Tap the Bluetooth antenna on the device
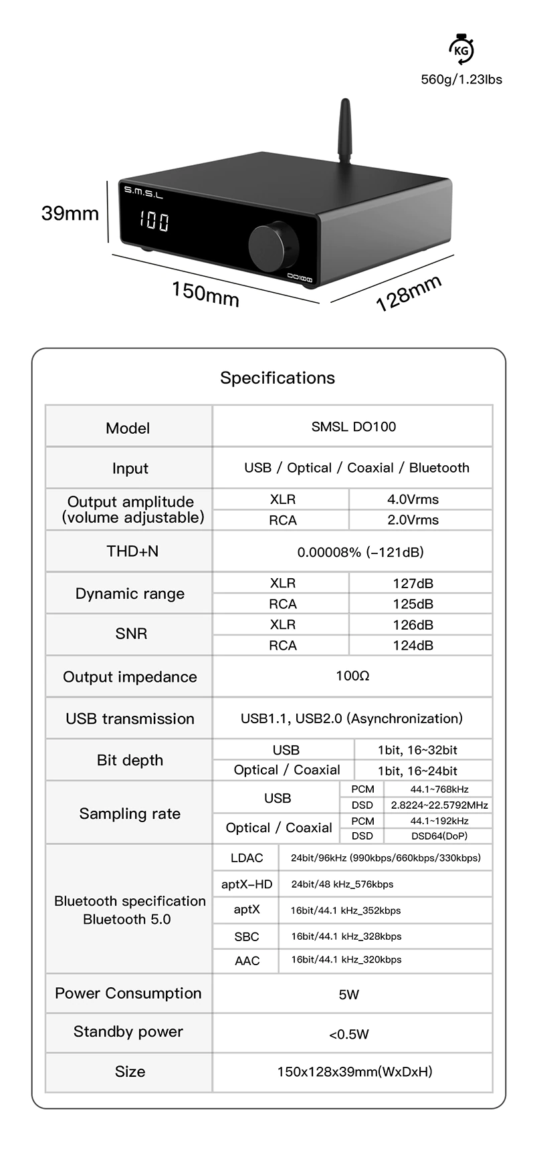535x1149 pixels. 344,133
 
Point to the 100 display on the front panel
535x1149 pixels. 154,221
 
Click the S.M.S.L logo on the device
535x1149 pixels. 144,193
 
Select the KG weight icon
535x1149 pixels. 460,50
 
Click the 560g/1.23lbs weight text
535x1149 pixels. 461,80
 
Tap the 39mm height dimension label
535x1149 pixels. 70,213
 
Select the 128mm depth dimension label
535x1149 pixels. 409,293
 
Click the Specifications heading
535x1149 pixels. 278,378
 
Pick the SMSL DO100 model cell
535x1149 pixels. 353,426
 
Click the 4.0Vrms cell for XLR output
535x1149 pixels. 413,499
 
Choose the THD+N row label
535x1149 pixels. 132,551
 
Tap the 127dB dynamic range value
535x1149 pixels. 413,583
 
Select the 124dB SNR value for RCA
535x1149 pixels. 413,645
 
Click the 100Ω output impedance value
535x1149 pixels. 352,676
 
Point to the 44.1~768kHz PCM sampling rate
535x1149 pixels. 439,789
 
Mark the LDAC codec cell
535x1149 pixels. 247,858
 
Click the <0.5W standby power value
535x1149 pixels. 348,1035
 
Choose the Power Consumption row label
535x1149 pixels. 128,993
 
